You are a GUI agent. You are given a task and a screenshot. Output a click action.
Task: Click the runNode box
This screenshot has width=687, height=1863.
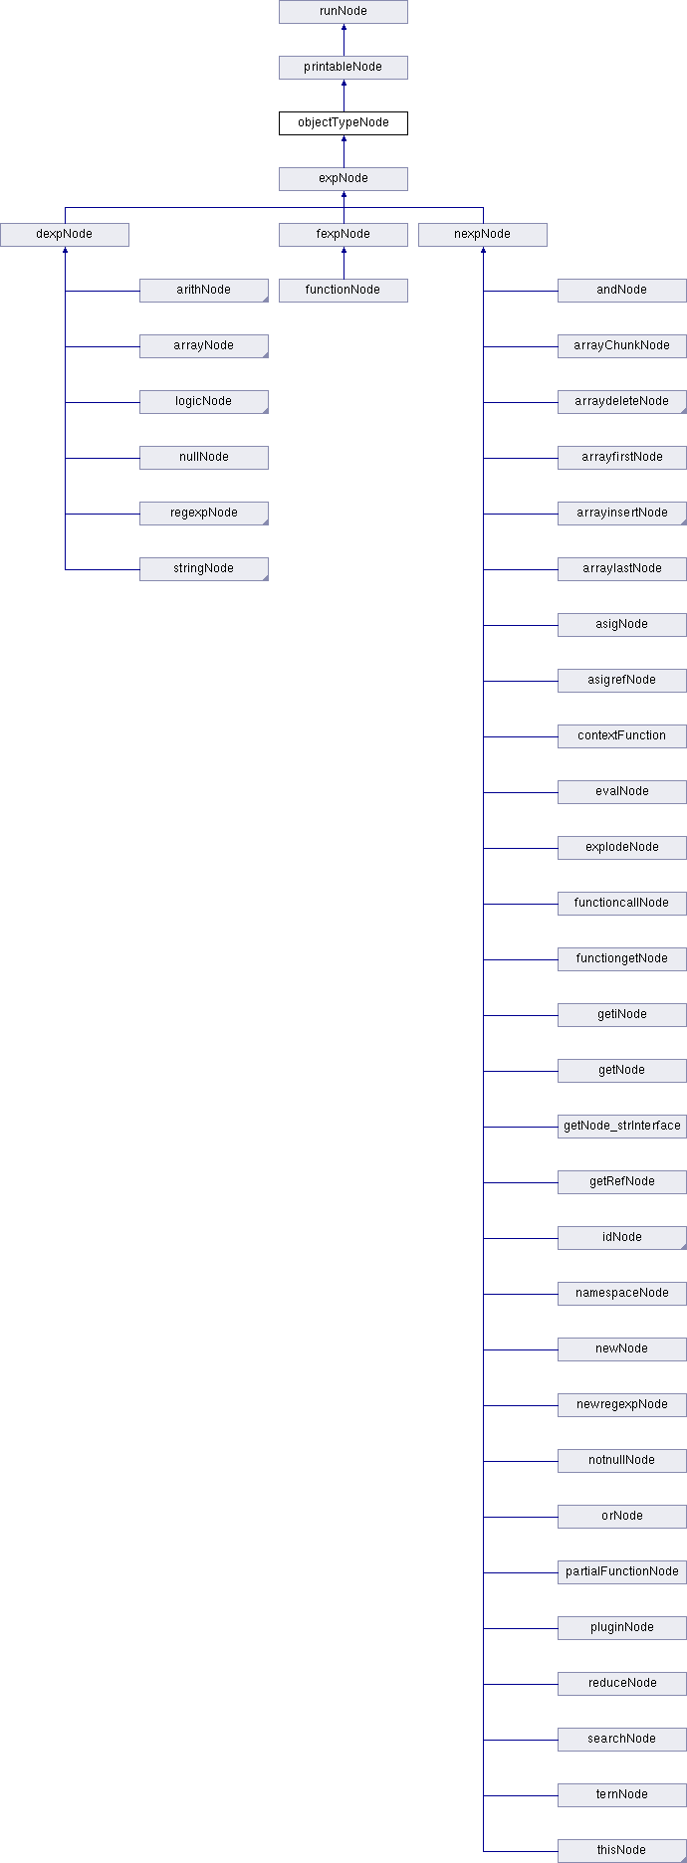coord(343,12)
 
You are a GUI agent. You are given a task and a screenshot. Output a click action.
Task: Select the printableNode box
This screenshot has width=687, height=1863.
coord(343,68)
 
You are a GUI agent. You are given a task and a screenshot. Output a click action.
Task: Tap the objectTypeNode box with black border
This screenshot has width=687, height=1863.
coord(343,123)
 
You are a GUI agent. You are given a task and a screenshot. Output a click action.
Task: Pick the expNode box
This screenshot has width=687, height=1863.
coord(343,179)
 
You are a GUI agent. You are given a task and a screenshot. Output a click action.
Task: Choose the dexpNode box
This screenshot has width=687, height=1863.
coord(65,235)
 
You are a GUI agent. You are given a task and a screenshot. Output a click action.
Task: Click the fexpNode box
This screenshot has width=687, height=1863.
coord(343,235)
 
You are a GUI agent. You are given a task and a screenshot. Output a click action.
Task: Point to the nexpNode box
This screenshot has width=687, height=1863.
coord(483,235)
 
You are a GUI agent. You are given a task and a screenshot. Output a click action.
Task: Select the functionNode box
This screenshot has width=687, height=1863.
coord(343,291)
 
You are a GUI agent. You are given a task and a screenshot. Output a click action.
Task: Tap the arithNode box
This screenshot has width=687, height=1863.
coord(204,291)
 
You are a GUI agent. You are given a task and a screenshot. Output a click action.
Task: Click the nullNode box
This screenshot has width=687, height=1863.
coord(204,458)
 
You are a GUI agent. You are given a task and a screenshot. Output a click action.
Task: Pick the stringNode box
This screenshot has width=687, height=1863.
coord(204,569)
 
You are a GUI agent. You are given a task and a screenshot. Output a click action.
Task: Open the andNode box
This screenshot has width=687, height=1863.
coord(622,291)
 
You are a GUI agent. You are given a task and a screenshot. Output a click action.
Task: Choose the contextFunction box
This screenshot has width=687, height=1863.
coord(622,736)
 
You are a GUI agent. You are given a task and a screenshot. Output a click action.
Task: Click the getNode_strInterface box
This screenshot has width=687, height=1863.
coord(622,1127)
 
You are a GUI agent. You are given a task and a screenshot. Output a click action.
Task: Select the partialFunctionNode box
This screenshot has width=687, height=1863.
coord(622,1572)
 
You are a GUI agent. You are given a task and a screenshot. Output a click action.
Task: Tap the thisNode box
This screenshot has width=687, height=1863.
coord(622,1851)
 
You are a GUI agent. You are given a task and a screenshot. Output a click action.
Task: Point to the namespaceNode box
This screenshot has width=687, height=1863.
coord(622,1294)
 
